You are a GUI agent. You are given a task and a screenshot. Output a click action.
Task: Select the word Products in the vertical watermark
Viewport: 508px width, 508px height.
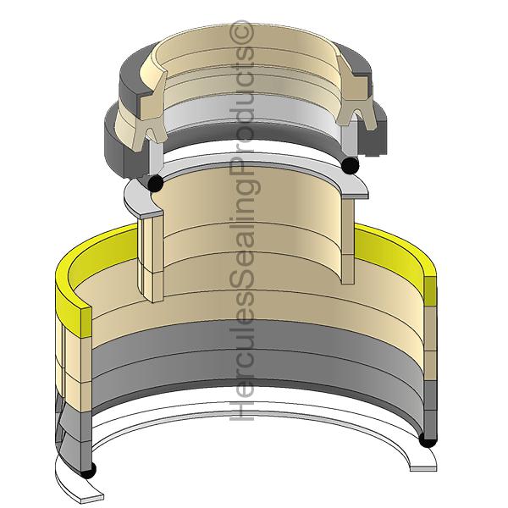point(246,102)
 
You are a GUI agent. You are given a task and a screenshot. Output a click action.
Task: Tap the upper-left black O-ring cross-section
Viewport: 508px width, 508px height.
point(154,183)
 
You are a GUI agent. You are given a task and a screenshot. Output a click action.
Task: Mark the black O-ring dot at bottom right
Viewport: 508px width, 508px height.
point(428,439)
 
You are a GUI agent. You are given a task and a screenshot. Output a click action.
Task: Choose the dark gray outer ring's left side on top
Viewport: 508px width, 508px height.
point(119,140)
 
